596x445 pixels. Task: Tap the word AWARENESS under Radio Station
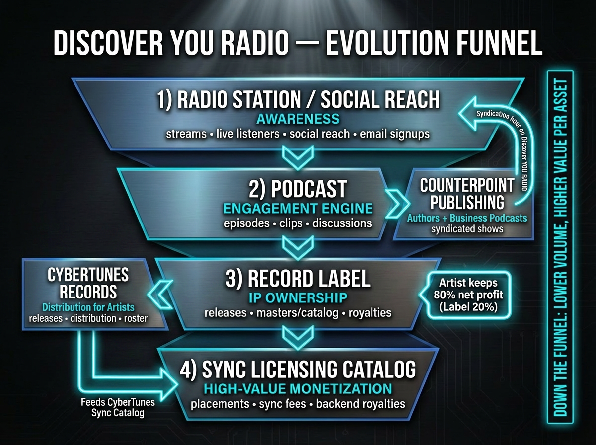click(298, 119)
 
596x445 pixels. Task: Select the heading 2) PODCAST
click(298, 189)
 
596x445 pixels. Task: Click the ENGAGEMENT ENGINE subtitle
click(298, 209)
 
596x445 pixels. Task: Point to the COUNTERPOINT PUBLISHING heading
click(467, 194)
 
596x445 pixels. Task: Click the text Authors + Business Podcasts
click(467, 218)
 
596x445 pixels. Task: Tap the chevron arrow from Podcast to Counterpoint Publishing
click(397, 204)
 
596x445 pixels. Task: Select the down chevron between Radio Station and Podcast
click(298, 158)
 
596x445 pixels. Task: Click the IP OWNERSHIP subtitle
click(298, 298)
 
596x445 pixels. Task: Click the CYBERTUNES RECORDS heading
click(88, 283)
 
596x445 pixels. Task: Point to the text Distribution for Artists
click(88, 307)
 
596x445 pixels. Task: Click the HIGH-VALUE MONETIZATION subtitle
click(298, 389)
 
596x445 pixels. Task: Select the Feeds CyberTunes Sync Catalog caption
click(118, 407)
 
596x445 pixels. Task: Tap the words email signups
click(394, 134)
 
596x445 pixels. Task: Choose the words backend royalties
click(361, 404)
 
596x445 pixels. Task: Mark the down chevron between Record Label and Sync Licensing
click(298, 338)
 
